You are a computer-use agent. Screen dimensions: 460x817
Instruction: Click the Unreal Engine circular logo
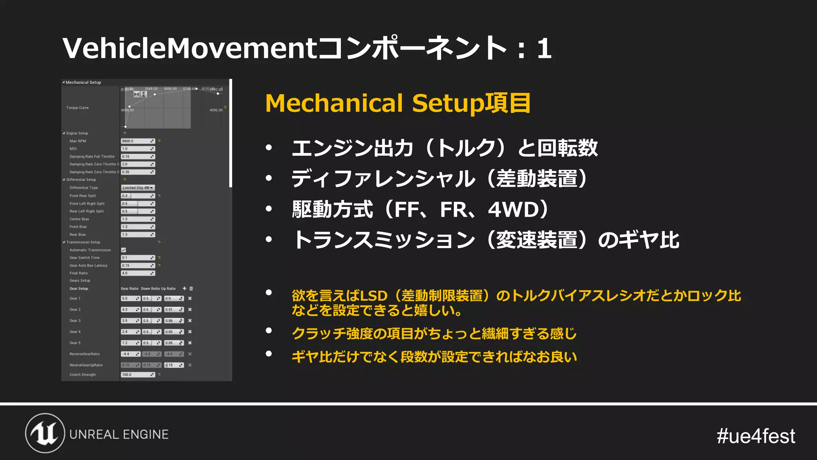click(45, 433)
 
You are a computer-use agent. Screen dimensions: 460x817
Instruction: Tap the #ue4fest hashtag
click(756, 436)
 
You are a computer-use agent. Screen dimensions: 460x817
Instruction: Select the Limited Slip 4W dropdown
click(138, 188)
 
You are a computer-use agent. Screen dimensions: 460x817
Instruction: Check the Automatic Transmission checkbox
click(124, 250)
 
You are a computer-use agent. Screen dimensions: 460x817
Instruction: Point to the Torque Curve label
click(77, 108)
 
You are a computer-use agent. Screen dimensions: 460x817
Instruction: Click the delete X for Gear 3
click(190, 321)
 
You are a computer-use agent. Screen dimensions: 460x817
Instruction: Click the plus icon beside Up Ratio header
click(184, 288)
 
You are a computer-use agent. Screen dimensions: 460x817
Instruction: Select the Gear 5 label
click(75, 343)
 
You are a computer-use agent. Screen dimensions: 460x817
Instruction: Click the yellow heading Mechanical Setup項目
click(398, 103)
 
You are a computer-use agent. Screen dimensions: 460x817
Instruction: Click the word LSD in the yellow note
click(373, 296)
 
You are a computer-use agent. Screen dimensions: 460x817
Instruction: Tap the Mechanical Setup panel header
click(83, 82)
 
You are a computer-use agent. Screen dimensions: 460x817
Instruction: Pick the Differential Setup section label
click(81, 180)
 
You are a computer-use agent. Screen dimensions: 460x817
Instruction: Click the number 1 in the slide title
click(544, 49)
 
